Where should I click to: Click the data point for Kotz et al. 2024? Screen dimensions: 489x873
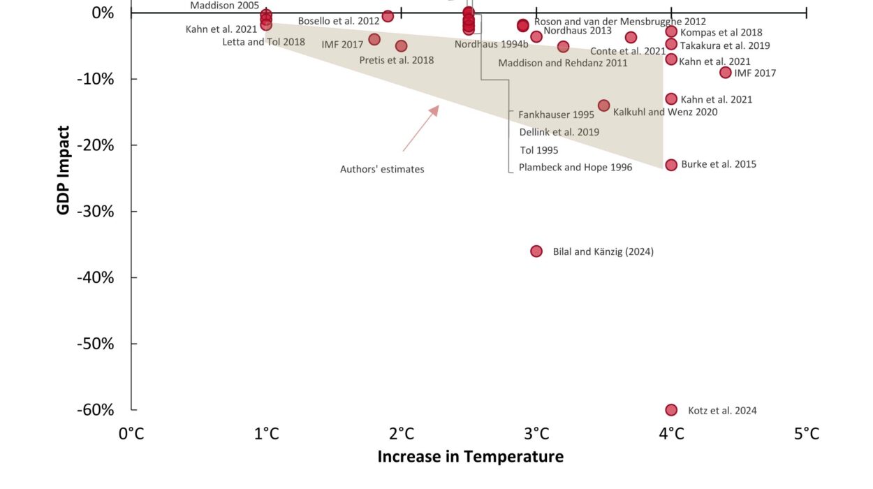coord(671,410)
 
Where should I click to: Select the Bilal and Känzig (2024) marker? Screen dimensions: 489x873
coord(536,251)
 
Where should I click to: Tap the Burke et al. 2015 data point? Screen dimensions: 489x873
coord(671,165)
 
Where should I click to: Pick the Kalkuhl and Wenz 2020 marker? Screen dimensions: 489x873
coord(603,105)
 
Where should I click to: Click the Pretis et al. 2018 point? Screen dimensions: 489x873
coord(401,46)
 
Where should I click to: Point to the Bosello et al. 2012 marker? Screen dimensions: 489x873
coord(388,16)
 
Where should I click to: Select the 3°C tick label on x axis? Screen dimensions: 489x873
coord(536,434)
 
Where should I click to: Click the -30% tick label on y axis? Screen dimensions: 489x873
coord(95,211)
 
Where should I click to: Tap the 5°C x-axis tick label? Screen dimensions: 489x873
coord(806,434)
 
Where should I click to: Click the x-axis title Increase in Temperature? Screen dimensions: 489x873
coord(470,457)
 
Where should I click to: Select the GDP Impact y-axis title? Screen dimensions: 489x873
coord(64,170)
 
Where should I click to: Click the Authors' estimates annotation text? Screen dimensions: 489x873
coord(382,169)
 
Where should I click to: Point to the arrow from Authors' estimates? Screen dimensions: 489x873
coord(420,129)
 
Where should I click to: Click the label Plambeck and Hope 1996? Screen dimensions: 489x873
coord(575,168)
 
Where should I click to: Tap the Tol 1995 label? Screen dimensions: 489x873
coord(539,150)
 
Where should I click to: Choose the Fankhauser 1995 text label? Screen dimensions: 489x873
coord(556,115)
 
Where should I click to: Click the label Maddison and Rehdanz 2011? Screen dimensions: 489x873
coord(563,63)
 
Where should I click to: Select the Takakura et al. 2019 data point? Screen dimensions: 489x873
coord(671,44)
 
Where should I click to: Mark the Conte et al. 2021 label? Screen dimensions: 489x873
coord(628,52)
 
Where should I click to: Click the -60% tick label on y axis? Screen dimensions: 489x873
coord(95,410)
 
